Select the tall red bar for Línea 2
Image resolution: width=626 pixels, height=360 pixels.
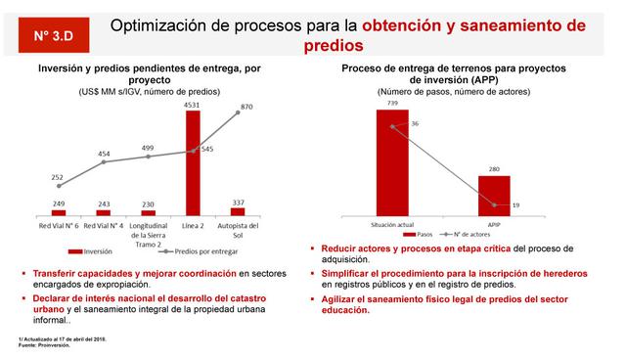click(193, 161)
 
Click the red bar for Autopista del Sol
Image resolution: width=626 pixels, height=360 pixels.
click(238, 210)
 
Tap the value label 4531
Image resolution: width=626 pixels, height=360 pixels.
click(193, 104)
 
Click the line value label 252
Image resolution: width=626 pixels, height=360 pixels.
click(58, 176)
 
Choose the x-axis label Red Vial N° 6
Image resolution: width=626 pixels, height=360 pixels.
click(59, 225)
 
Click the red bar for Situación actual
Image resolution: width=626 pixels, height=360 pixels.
click(393, 158)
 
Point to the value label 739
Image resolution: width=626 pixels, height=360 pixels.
click(392, 103)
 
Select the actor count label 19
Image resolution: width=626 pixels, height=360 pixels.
click(514, 205)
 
